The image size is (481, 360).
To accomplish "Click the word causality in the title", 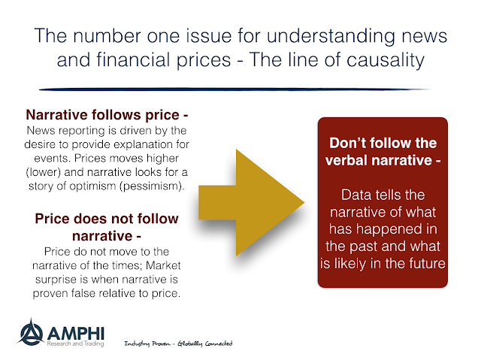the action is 386,60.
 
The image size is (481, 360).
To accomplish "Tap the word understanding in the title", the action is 331,36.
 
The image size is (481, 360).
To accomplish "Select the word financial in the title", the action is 133,59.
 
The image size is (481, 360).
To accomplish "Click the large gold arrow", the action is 251,202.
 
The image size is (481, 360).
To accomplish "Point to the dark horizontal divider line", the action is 234,89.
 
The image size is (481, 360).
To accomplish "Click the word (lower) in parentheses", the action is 44,172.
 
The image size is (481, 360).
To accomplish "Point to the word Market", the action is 163,265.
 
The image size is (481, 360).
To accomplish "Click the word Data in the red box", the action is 356,195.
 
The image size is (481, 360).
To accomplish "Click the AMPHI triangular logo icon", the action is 31,332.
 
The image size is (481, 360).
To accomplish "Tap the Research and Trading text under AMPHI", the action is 75,343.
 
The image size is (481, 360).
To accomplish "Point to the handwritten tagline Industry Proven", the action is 147,343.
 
